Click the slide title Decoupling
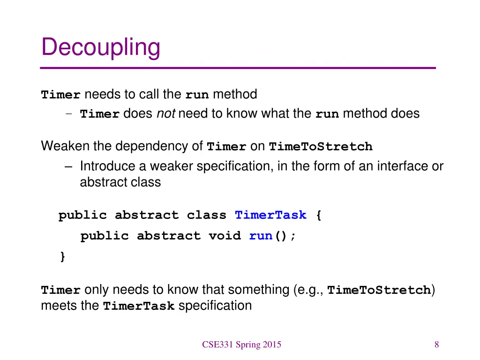[x=101, y=48]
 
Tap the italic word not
[x=165, y=113]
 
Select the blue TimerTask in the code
[x=270, y=216]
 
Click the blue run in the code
[x=261, y=236]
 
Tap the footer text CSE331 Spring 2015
[x=241, y=345]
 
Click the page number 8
[x=436, y=345]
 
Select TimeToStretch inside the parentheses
[x=379, y=290]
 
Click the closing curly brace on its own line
[x=62, y=256]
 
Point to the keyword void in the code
[x=225, y=236]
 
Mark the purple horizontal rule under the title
[x=238, y=68]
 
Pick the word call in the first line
[x=149, y=94]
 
